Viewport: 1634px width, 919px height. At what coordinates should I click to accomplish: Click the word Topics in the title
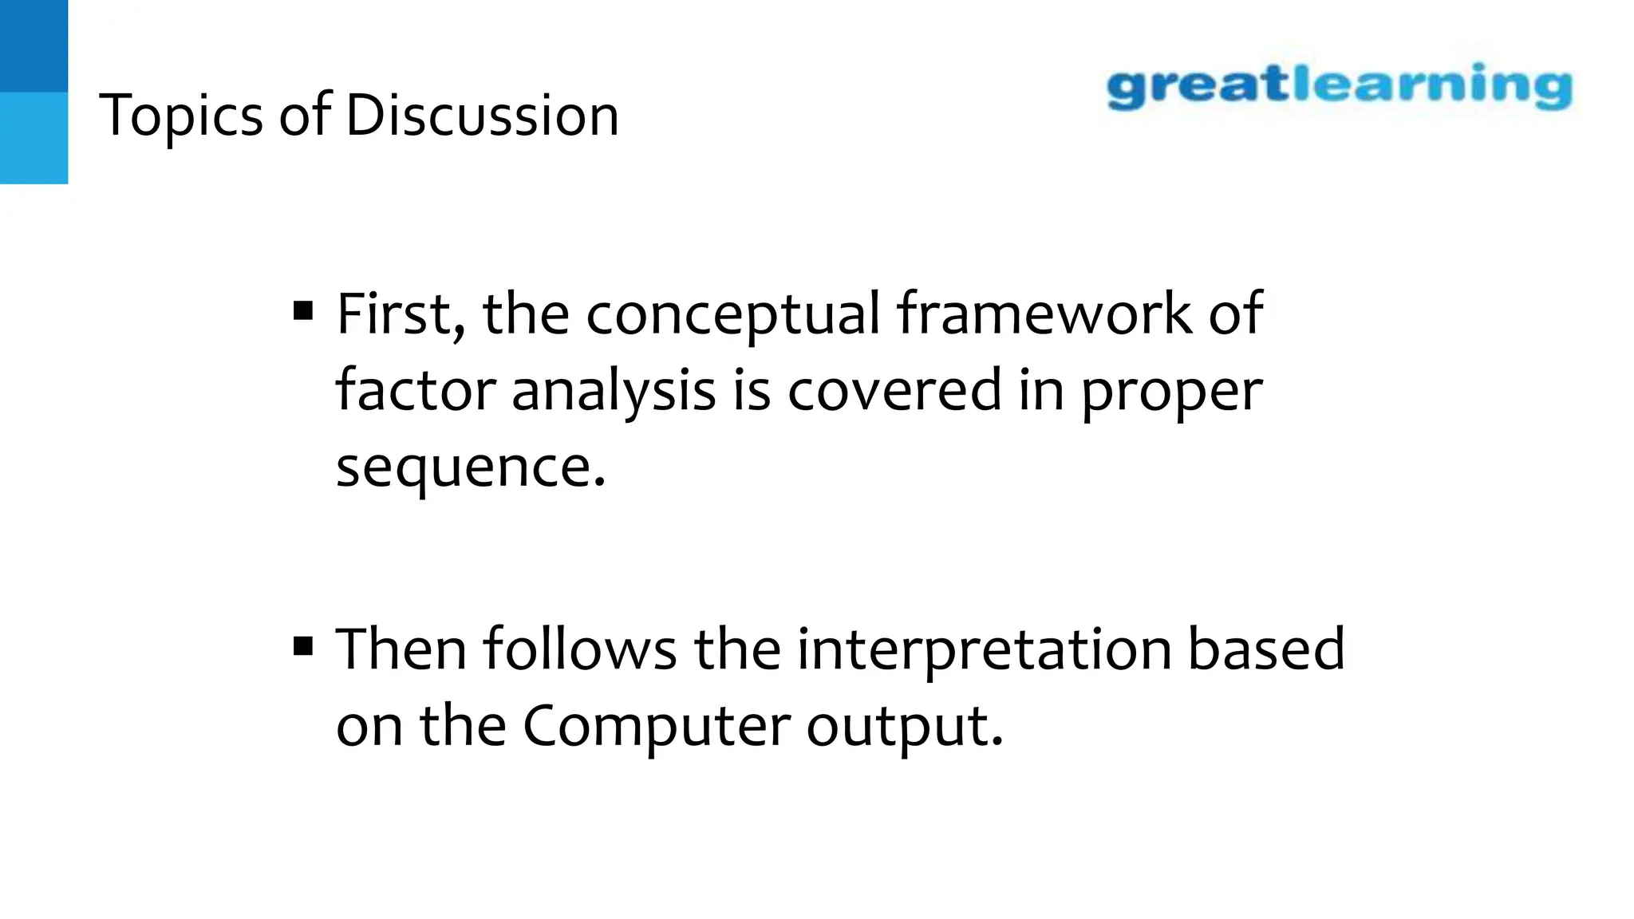pos(180,116)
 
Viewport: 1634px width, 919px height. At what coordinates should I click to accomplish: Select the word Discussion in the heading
pos(482,116)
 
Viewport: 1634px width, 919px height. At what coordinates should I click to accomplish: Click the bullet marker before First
pos(303,310)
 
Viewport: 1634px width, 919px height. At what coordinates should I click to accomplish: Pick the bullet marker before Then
pos(303,645)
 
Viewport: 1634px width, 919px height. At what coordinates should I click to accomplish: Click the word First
pos(401,314)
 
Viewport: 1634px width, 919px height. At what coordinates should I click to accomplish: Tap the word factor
pos(416,390)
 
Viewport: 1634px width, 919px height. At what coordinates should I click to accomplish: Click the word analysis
pos(614,392)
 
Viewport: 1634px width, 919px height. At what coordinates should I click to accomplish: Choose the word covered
pos(894,390)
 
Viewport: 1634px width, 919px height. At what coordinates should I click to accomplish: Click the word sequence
pos(470,468)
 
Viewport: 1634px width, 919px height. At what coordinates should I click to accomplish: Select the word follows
pos(579,649)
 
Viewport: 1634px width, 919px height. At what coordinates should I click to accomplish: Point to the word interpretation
pos(984,650)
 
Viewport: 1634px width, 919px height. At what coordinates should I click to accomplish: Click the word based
pos(1266,649)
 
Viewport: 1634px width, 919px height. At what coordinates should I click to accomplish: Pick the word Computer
pos(656,726)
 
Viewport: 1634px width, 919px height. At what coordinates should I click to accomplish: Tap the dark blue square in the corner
pos(34,45)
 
